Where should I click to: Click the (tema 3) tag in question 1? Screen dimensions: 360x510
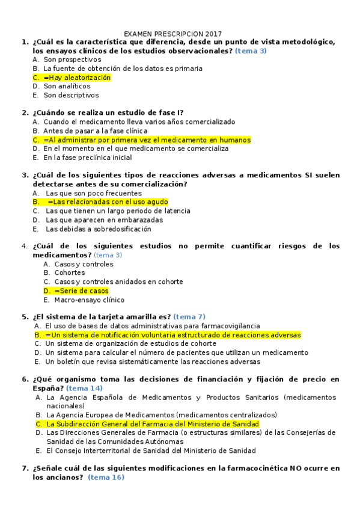tap(251, 51)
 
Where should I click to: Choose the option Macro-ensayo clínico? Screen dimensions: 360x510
tap(89, 300)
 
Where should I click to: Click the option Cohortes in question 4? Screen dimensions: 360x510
tap(69, 272)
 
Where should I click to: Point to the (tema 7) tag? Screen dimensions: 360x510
tap(189, 317)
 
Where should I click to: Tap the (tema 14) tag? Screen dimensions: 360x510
tap(84, 388)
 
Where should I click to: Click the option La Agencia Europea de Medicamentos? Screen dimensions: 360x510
tap(161, 415)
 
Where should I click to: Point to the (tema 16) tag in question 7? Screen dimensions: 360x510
tap(106, 477)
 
